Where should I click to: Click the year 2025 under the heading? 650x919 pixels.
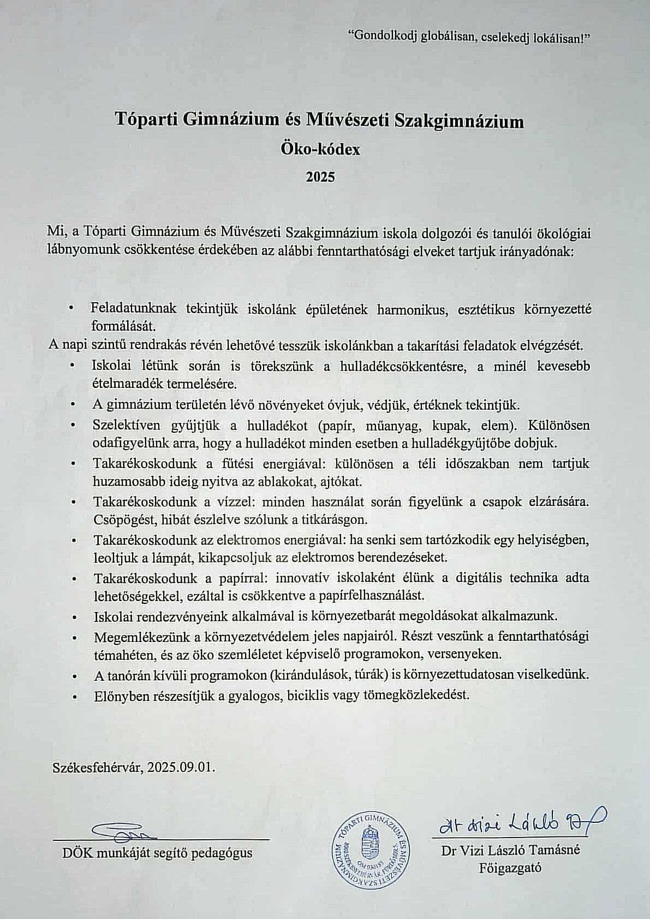pyautogui.click(x=320, y=177)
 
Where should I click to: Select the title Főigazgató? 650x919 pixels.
pyautogui.click(x=510, y=867)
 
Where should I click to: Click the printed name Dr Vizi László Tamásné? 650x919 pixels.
pyautogui.click(x=511, y=850)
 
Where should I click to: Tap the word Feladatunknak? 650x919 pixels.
pyautogui.click(x=134, y=308)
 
